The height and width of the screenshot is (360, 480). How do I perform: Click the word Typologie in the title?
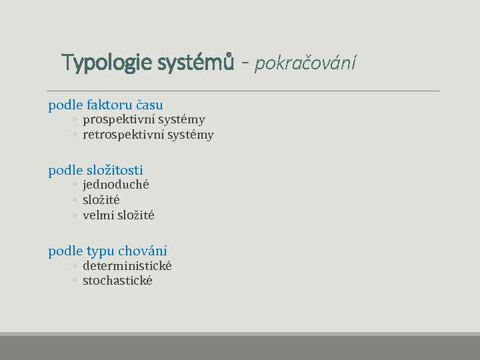point(107,63)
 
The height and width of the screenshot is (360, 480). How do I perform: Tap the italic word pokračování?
point(305,63)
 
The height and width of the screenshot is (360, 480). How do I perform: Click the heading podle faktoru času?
point(105,105)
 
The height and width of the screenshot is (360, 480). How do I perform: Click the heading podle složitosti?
point(95,170)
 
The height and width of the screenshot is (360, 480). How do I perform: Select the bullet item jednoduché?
point(115,185)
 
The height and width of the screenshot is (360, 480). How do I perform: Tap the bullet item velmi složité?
point(118,215)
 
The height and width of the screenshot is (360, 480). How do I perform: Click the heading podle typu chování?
point(107,251)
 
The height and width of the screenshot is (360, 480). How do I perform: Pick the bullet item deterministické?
point(127,266)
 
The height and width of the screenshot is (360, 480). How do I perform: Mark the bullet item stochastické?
point(117,281)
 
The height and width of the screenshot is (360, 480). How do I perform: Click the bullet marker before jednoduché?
point(75,185)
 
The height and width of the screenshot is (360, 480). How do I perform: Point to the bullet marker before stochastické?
point(75,281)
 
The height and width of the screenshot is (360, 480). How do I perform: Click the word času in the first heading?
point(149,105)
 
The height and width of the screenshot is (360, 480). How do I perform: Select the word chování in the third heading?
point(143,251)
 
